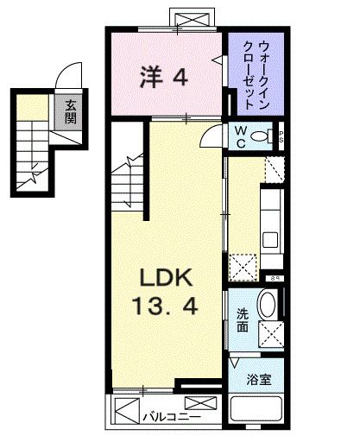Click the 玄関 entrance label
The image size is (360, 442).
[x=68, y=111]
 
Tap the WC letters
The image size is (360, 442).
[x=243, y=136]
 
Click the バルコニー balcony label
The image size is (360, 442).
[x=166, y=414]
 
